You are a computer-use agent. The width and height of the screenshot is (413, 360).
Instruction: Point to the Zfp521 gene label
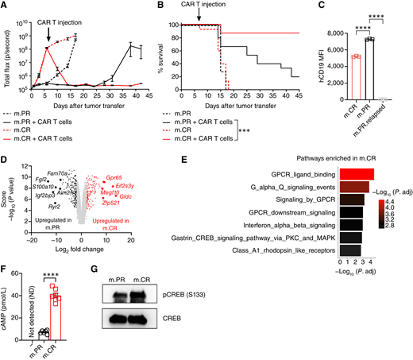click(122, 226)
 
